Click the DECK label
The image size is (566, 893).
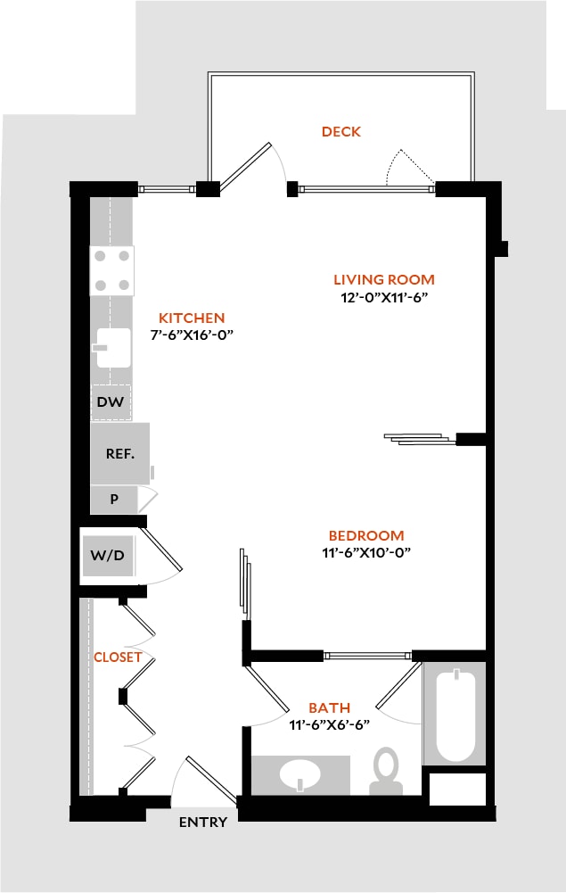pos(341,131)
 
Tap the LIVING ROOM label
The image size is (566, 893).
pos(384,279)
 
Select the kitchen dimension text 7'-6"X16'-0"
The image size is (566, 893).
pos(193,335)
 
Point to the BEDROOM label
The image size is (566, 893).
pos(366,536)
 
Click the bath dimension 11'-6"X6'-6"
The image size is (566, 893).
pos(330,725)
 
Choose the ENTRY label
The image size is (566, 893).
pos(203,823)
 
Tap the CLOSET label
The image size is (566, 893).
pos(118,657)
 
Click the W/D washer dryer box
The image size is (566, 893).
pos(108,555)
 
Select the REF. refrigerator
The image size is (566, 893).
pos(120,453)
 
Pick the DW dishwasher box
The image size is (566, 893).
pos(111,402)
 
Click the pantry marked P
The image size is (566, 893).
pos(114,500)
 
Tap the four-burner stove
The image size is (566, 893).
pos(112,270)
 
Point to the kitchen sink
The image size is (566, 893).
pos(113,347)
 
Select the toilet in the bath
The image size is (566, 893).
pos(387,771)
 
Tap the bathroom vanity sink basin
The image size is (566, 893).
pos(299,774)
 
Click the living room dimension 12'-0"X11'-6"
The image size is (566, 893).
pos(384,297)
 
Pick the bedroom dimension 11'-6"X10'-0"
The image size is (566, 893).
pos(366,552)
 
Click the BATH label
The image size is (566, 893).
pos(330,708)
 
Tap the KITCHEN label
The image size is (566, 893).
pos(192,318)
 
